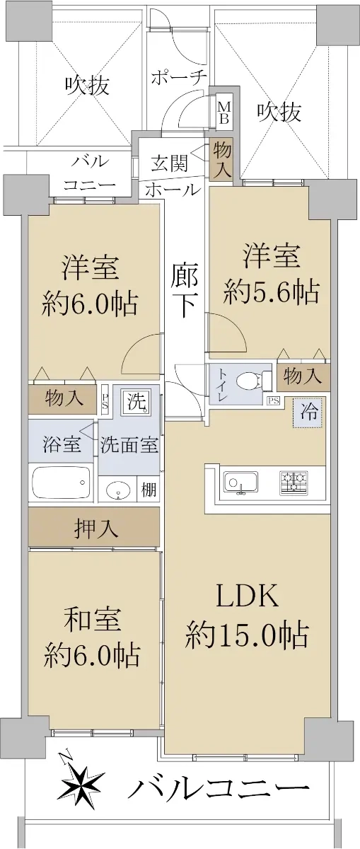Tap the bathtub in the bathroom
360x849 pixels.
click(x=62, y=482)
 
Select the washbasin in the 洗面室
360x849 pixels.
click(x=119, y=490)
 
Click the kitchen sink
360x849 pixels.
click(x=240, y=483)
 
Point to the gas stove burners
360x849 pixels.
click(x=294, y=483)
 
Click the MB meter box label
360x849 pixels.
click(x=223, y=113)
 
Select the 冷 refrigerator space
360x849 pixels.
click(x=309, y=412)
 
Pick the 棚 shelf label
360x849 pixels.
click(x=149, y=490)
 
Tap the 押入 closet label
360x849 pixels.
click(x=95, y=529)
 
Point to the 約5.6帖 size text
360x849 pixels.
click(x=271, y=291)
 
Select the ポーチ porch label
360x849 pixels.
click(x=179, y=78)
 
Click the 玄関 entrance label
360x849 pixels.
click(x=169, y=163)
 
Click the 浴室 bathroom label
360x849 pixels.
click(x=62, y=444)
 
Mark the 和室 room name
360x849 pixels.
click(x=92, y=619)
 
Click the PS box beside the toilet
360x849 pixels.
click(x=273, y=400)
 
